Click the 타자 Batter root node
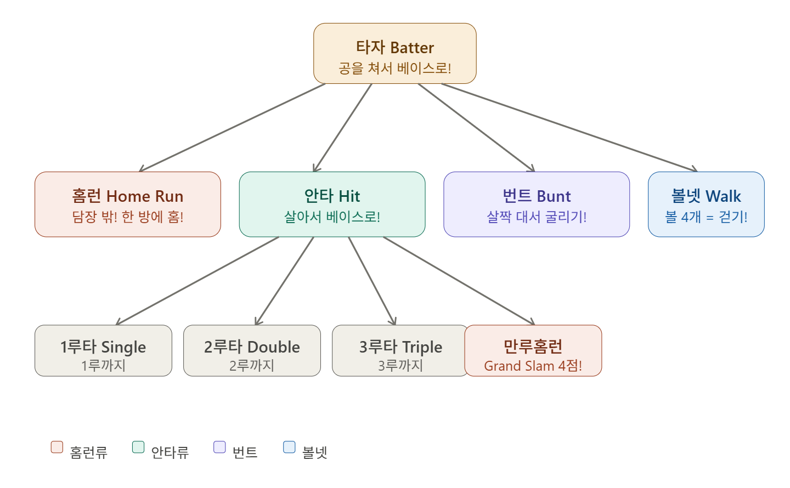[394, 53]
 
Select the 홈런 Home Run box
[127, 204]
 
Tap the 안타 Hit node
[332, 204]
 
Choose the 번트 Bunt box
[536, 204]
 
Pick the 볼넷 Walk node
[706, 204]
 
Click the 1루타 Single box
[103, 350]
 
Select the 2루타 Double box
[252, 350]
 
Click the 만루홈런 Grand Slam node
[533, 350]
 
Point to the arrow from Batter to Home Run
[233, 127]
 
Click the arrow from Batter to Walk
[569, 127]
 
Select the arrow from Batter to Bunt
[476, 127]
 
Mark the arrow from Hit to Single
[198, 281]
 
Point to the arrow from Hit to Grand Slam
[459, 281]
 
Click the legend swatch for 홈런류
[57, 447]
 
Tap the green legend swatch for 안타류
[138, 447]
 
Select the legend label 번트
[245, 452]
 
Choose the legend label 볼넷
[315, 452]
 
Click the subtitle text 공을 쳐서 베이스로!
[394, 69]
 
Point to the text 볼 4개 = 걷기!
[706, 217]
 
